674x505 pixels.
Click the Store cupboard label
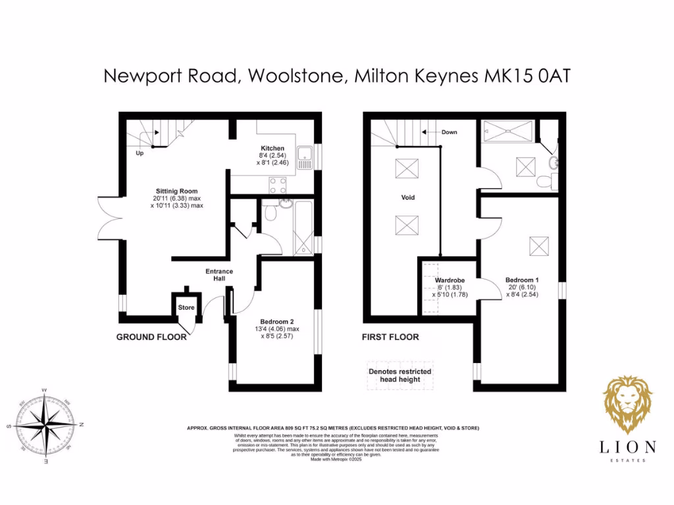pos(186,307)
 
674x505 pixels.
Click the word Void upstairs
pos(409,197)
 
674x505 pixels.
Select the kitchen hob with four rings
pos(276,185)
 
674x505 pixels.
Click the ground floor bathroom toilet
pos(269,212)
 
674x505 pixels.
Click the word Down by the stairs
pos(449,132)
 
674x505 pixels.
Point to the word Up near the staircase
pos(140,153)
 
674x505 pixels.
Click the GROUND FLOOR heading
pos(151,337)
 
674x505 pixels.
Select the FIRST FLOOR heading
pos(390,337)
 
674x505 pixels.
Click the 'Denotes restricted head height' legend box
pos(400,375)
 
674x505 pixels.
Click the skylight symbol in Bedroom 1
pos(539,247)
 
